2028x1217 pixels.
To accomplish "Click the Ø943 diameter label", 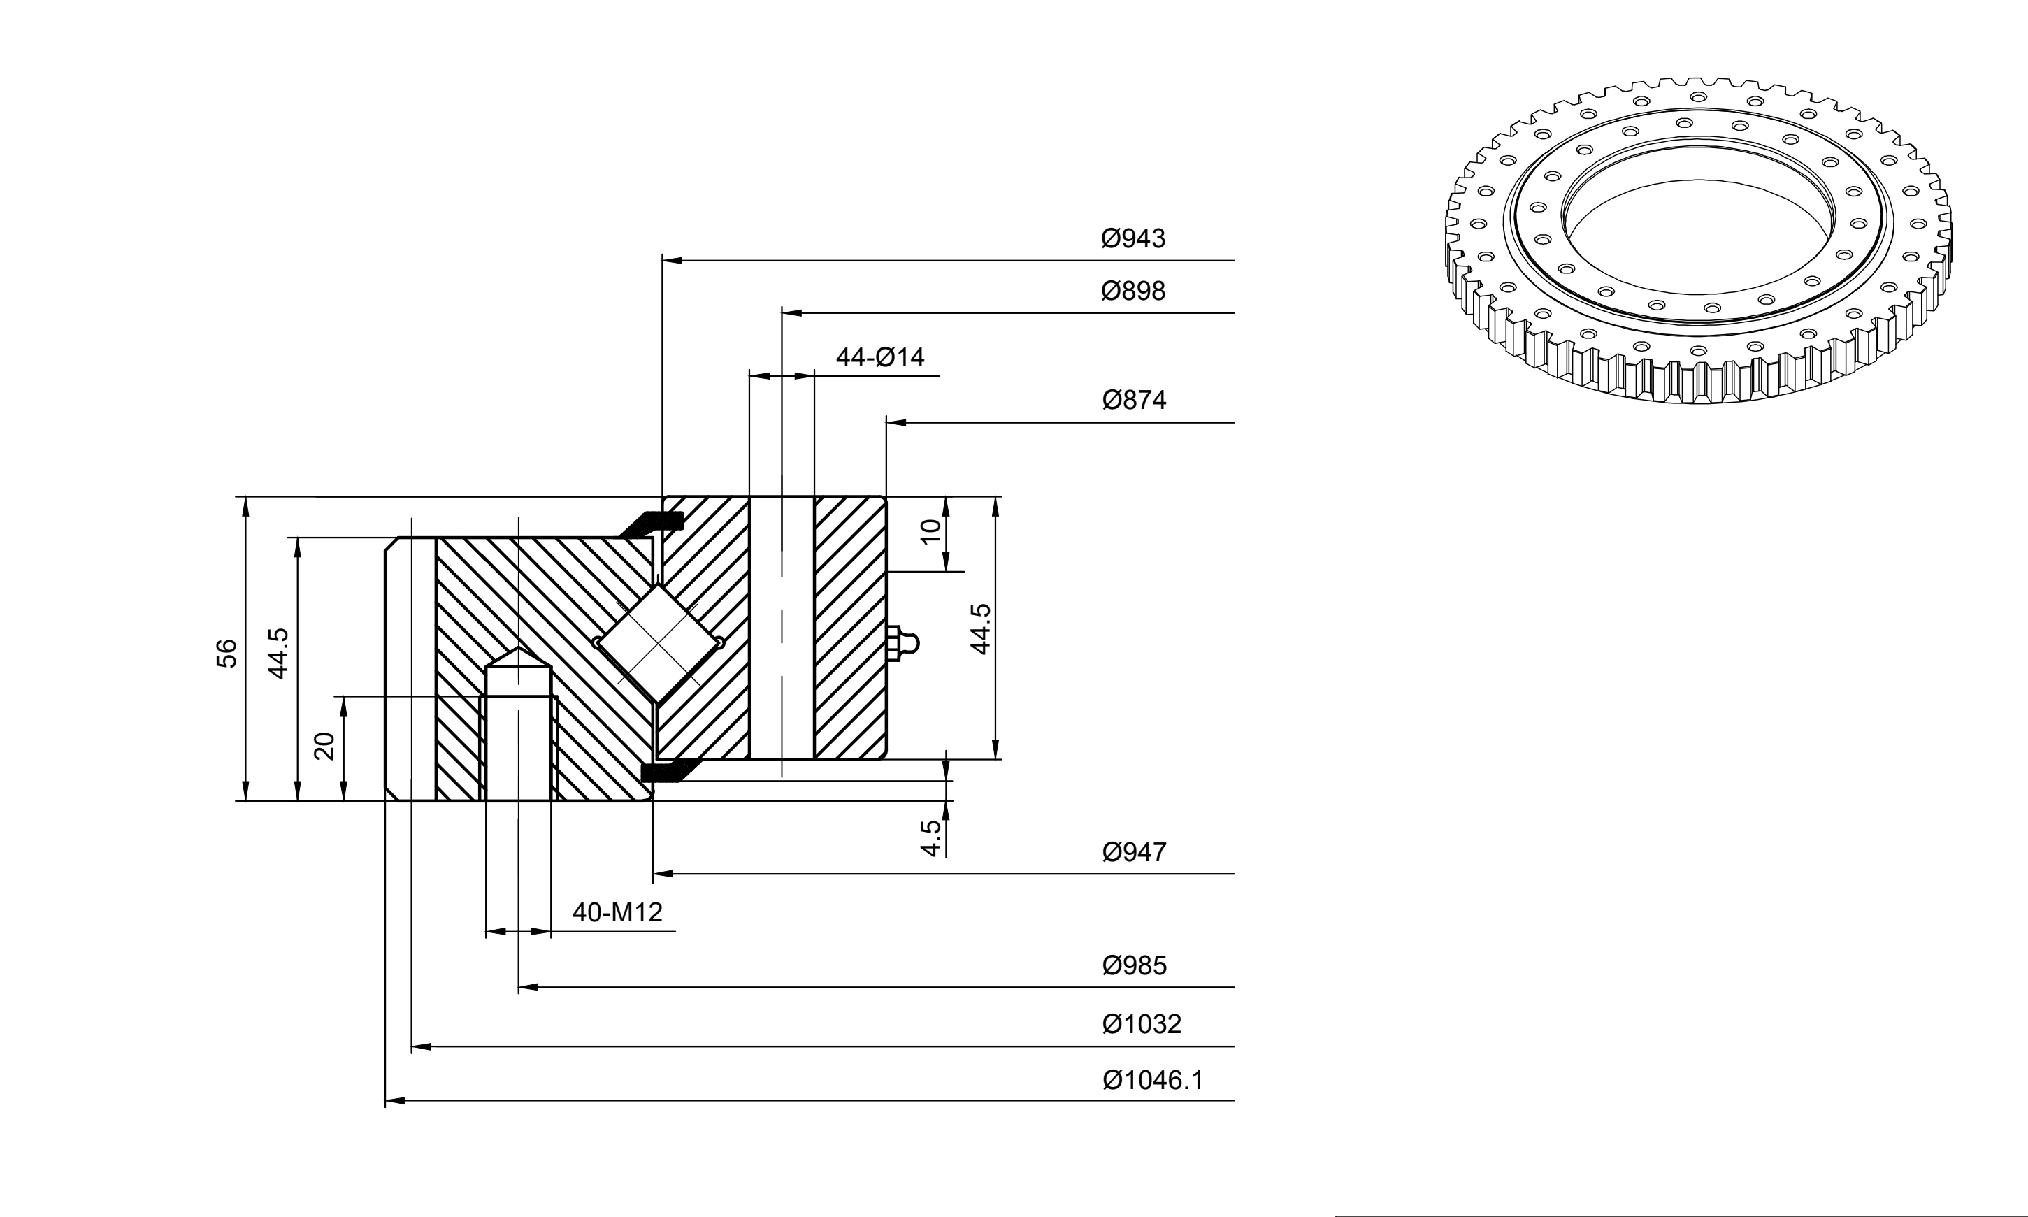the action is (1132, 238).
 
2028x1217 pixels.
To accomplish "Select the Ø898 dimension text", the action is (1132, 291).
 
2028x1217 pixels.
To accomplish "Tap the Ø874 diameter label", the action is (1134, 401).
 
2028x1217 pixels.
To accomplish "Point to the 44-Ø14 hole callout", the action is (880, 358).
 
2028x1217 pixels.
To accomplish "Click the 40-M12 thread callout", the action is (617, 912).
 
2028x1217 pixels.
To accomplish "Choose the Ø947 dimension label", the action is (1134, 853).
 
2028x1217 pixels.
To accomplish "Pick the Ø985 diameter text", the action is (1134, 965).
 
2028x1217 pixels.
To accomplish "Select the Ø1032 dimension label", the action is (1142, 1024).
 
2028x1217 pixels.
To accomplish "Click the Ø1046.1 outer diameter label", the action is (1153, 1080).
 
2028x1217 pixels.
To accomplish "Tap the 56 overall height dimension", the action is (227, 653).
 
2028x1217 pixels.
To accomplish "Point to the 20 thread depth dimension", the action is (326, 747).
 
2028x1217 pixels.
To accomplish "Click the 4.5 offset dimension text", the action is (930, 838).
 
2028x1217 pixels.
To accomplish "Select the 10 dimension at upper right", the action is (930, 532).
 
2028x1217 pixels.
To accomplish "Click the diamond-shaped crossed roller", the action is (659, 643).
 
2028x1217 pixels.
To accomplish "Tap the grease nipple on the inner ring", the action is (902, 643).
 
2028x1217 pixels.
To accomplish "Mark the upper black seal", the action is (652, 522).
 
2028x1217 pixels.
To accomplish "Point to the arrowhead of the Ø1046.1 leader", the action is (395, 1100).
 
